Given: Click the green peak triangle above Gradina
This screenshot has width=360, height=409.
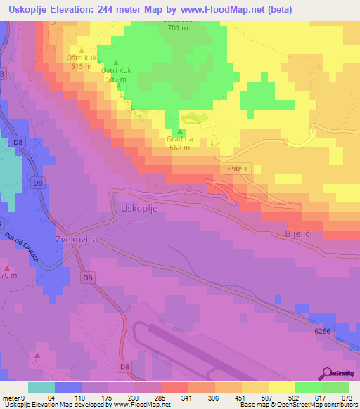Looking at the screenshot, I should (181, 131).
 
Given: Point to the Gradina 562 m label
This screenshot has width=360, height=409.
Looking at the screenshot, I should (180, 143).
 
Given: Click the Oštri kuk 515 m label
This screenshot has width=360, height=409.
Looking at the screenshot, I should (80, 62).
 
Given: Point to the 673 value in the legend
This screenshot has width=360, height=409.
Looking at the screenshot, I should (345, 398).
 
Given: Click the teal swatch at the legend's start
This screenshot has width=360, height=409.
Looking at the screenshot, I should (41, 388).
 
